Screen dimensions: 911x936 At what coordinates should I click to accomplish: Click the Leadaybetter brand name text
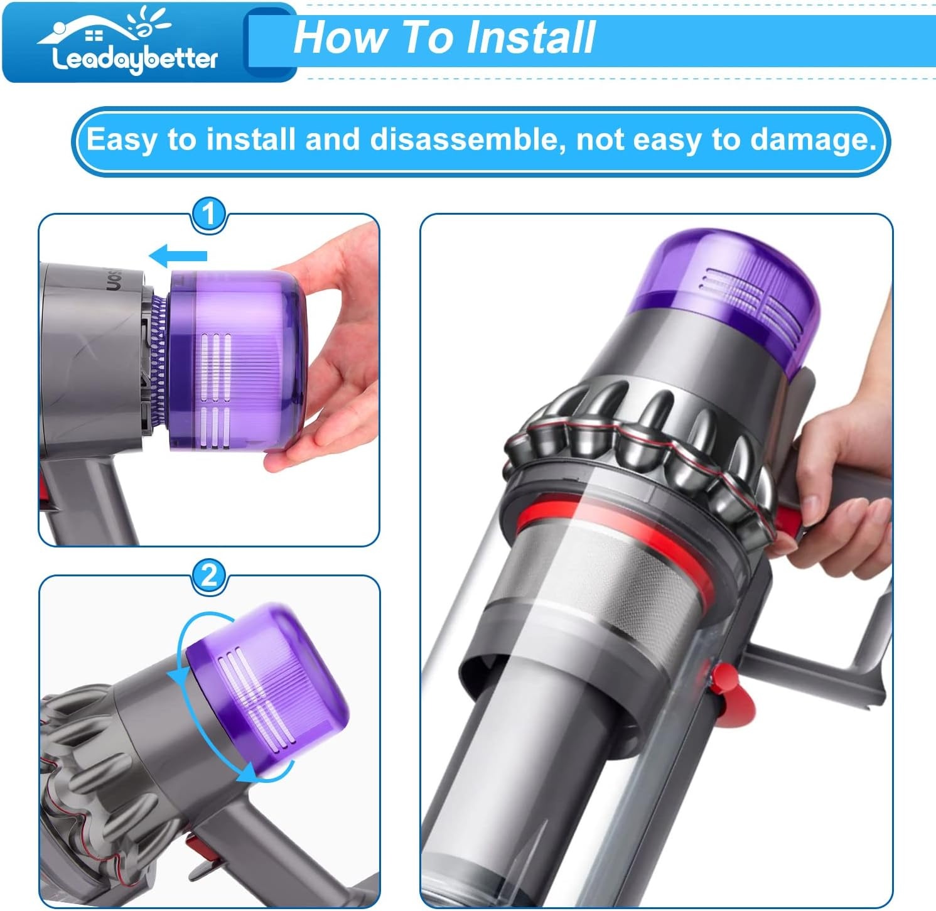134,60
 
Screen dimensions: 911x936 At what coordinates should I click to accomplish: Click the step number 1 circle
208,215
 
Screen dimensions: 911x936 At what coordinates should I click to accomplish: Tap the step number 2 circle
208,575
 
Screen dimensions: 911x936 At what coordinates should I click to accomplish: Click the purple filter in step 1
239,361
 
